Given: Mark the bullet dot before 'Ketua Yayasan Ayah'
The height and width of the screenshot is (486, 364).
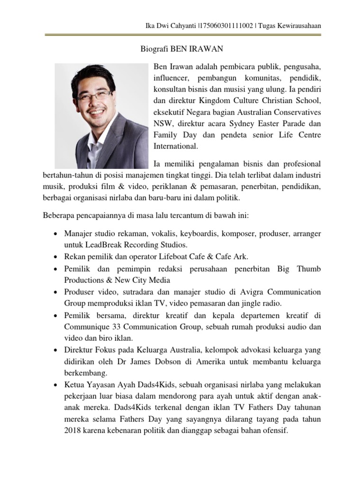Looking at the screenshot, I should [x=56, y=385].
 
